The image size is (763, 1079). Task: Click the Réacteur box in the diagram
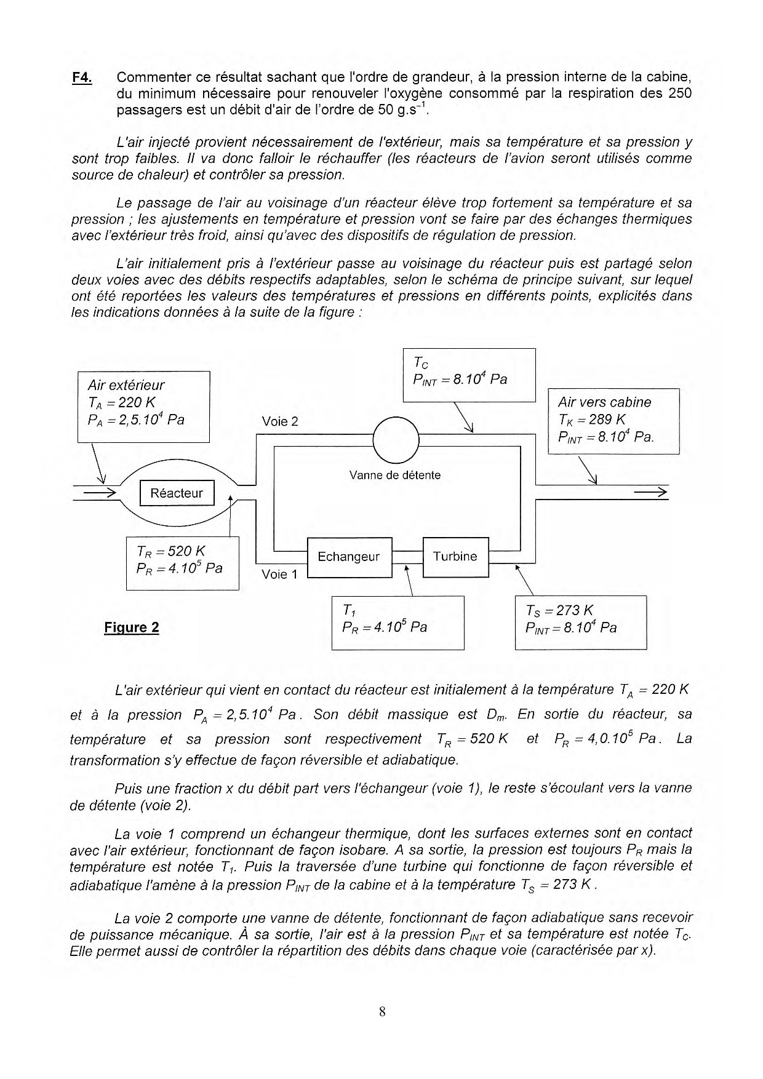[x=177, y=493]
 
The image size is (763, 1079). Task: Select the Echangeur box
[x=349, y=557]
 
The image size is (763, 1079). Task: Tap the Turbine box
[x=455, y=557]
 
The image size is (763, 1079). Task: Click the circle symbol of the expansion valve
[x=396, y=440]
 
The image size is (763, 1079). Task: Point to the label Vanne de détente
[x=394, y=476]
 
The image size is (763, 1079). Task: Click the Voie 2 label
[x=279, y=421]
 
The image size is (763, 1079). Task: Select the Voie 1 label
[x=279, y=575]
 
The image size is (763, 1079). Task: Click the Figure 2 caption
[x=132, y=627]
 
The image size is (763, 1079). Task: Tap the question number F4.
[x=82, y=78]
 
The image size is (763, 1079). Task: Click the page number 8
[x=382, y=1012]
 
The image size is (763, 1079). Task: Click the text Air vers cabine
[x=604, y=402]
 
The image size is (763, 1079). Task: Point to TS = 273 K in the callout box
[x=559, y=610]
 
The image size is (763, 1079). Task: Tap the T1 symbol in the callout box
[x=348, y=610]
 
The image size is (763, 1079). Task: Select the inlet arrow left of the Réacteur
[x=100, y=492]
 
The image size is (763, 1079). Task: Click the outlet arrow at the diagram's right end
[x=651, y=492]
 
